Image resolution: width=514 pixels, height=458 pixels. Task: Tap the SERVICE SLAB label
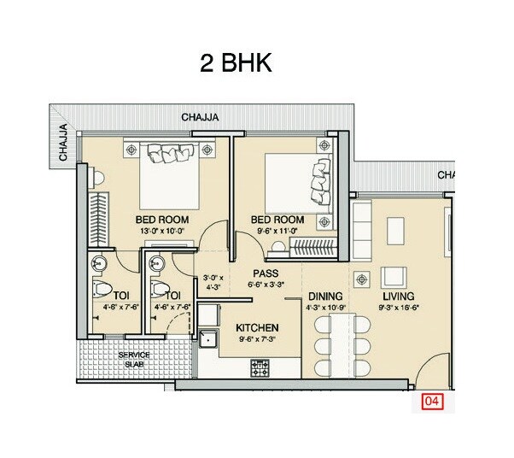pyautogui.click(x=134, y=358)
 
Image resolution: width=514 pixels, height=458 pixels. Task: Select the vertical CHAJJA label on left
pyautogui.click(x=63, y=142)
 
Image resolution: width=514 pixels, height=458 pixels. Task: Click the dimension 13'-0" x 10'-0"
pyautogui.click(x=162, y=231)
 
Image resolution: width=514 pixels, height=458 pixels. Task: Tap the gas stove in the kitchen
pyautogui.click(x=260, y=367)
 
